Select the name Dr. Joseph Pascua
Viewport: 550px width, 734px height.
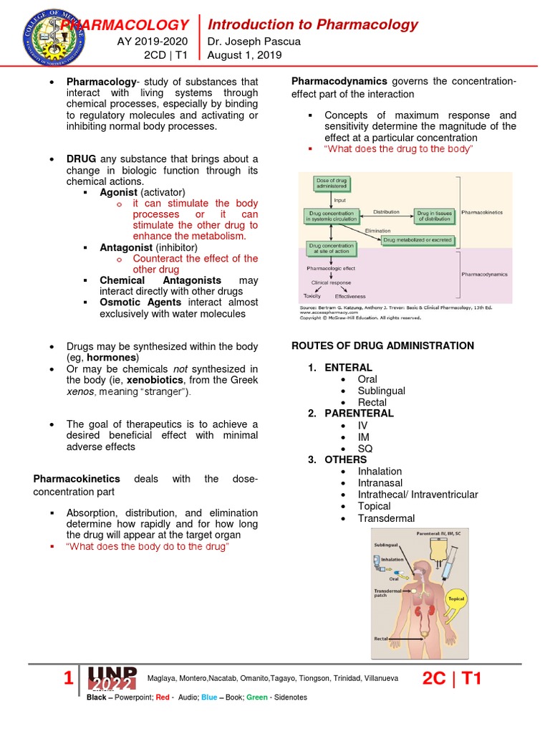[x=254, y=42]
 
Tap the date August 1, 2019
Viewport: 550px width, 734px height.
[x=244, y=55]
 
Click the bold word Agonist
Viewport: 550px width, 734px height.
[x=119, y=193]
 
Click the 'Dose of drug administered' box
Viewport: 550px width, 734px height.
[x=330, y=183]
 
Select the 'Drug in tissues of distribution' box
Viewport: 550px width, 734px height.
[x=435, y=214]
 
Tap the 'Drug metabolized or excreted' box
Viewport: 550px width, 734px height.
[x=417, y=239]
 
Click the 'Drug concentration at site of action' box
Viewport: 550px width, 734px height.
[x=330, y=248]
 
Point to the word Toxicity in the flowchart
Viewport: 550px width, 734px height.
[x=312, y=295]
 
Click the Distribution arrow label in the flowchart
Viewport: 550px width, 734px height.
[x=386, y=212]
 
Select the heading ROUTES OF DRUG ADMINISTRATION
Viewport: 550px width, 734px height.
[x=382, y=346]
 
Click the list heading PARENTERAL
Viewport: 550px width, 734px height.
[x=359, y=414]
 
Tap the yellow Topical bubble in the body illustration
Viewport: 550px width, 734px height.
[x=455, y=598]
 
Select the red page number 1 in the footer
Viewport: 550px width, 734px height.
[x=69, y=678]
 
